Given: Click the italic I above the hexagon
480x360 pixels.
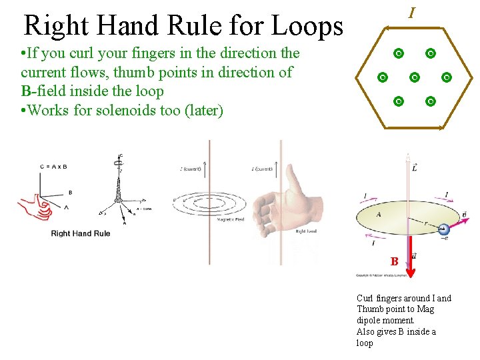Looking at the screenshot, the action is (x=413, y=13).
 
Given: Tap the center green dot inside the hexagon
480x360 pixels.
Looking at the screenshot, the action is (x=415, y=77).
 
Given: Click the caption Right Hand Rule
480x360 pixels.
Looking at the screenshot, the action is (x=81, y=233).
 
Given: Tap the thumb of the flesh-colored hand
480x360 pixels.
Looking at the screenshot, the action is (x=293, y=177).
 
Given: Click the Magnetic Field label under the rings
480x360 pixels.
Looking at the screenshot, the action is (x=231, y=219).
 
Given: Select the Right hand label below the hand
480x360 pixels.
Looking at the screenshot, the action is (x=305, y=231).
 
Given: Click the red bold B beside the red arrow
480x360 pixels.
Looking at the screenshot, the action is (x=395, y=261).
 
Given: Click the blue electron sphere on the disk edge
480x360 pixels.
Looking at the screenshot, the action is (x=443, y=231).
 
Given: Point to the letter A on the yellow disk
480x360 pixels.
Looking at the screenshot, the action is (x=379, y=215).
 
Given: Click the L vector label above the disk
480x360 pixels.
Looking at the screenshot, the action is (x=415, y=169).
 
